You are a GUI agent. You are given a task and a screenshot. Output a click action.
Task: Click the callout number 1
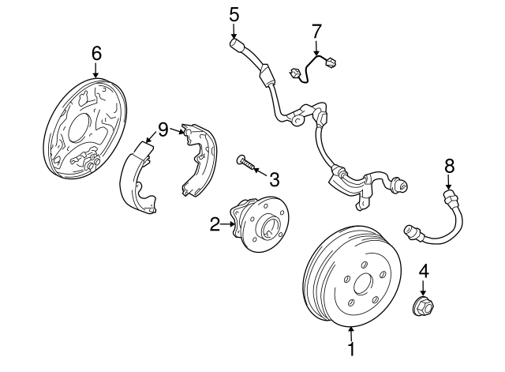tap(351, 349)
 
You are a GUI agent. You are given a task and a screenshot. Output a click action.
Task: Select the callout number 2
tap(215, 224)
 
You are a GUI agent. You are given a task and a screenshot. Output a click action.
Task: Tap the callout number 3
tap(274, 179)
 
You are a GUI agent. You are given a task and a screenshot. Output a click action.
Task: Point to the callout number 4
tap(424, 271)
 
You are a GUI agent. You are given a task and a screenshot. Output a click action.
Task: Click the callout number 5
tap(234, 15)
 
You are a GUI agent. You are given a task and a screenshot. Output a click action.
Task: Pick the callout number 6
tap(96, 53)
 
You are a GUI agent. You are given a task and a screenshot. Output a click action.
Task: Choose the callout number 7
tap(316, 31)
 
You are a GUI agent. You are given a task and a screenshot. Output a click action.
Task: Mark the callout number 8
tap(449, 166)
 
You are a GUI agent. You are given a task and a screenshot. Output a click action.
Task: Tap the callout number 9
tap(163, 130)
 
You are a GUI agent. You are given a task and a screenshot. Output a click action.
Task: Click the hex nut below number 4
tap(423, 306)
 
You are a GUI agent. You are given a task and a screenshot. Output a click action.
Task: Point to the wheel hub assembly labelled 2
tap(260, 224)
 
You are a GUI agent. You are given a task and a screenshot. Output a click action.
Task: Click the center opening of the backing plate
tap(78, 127)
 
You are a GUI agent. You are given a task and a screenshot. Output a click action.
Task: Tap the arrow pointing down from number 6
tap(96, 70)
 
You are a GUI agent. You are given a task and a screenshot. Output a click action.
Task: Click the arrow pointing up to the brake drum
tap(351, 333)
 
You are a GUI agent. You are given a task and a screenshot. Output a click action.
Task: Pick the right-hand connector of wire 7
tap(331, 62)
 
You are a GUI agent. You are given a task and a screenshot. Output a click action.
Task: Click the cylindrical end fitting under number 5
tap(237, 44)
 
